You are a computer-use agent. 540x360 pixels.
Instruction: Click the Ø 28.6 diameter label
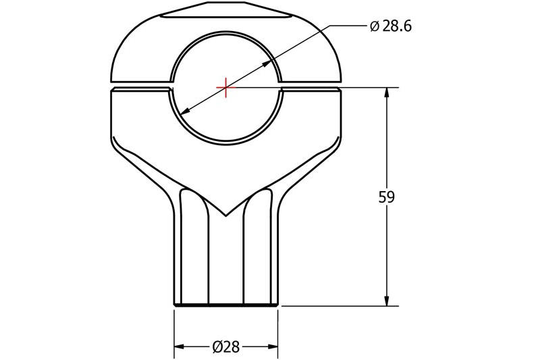(391, 26)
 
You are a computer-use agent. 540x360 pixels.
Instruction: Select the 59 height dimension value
(387, 197)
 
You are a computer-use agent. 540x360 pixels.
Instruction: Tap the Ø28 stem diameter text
(225, 347)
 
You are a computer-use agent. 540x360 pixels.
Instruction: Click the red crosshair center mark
(225, 87)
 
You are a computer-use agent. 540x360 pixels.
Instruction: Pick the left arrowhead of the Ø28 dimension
(179, 347)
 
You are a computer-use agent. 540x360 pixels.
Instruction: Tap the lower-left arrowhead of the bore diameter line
(181, 112)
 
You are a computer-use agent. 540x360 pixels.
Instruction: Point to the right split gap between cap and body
(310, 86)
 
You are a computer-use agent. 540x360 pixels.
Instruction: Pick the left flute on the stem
(195, 250)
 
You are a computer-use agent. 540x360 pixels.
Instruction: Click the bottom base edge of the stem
(226, 306)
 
